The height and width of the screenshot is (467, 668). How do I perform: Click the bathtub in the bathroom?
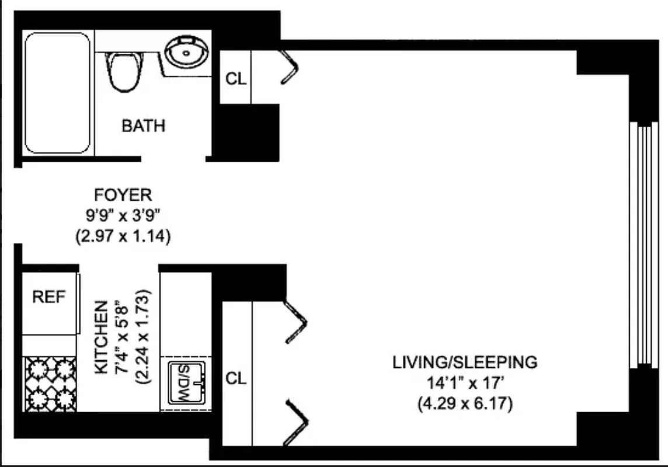[x=57, y=93]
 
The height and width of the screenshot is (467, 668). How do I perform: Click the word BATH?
[x=143, y=126]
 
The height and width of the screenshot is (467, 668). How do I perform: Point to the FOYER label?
[x=123, y=194]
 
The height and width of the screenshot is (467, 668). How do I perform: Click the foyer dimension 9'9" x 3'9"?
[x=123, y=216]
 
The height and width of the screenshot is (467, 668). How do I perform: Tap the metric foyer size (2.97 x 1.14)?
[x=123, y=237]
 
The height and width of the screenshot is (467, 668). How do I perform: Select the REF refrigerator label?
[x=49, y=297]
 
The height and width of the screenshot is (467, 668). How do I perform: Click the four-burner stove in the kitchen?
[x=50, y=384]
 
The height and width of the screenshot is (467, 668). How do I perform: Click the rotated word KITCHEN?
[x=101, y=337]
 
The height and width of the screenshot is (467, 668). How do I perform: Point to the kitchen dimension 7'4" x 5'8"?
[x=121, y=337]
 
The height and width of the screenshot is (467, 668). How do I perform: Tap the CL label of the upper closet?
[x=236, y=79]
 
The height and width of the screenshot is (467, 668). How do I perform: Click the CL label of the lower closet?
[x=236, y=379]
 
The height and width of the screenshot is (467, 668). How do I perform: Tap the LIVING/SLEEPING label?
[x=465, y=362]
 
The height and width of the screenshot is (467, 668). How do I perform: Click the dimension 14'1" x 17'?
[x=465, y=384]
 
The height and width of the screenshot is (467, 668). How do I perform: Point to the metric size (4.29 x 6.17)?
[x=465, y=404]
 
